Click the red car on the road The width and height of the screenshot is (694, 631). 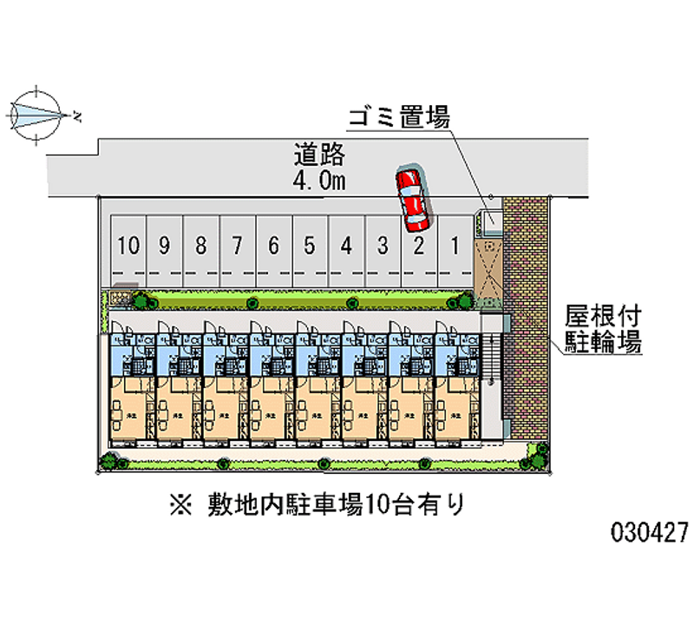(x=411, y=197)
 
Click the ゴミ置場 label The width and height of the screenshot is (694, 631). (x=399, y=118)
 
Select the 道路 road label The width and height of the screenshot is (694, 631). (x=319, y=157)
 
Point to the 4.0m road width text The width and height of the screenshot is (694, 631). (x=319, y=181)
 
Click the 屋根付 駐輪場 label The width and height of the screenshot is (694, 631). (x=604, y=327)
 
